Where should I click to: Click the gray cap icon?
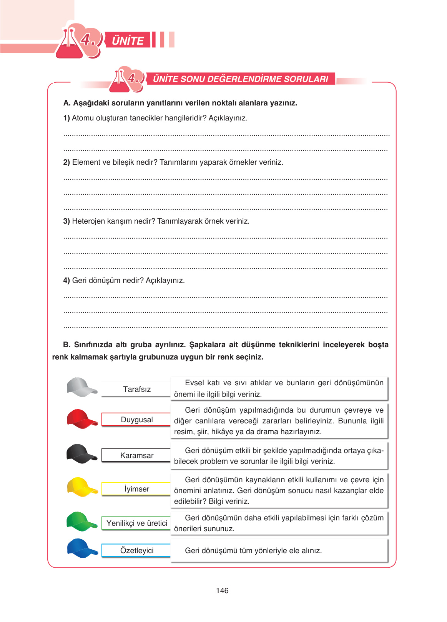click(81, 387)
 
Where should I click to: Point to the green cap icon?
click(81, 522)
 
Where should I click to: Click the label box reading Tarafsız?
click(136, 389)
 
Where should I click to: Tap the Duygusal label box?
click(136, 420)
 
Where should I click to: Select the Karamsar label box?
click(136, 455)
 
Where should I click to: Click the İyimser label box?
click(136, 489)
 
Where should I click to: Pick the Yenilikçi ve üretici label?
click(136, 523)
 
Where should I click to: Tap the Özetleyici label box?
click(136, 550)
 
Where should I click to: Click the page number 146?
click(222, 590)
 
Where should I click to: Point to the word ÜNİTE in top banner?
click(128, 40)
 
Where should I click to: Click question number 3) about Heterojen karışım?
click(66, 221)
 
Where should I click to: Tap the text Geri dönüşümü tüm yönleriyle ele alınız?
click(253, 550)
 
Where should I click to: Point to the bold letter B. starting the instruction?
click(66, 344)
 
